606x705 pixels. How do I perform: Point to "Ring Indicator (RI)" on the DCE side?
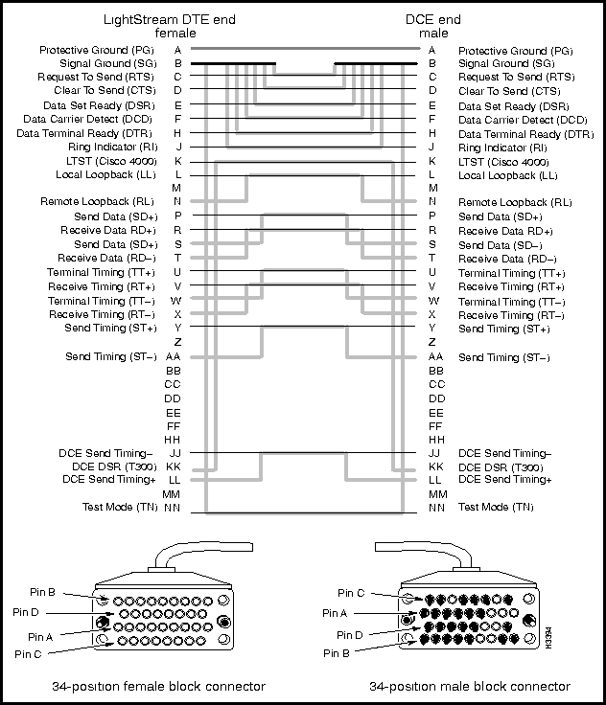(502, 148)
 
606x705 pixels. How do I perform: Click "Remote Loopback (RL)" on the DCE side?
(515, 202)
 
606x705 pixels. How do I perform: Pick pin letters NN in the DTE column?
(173, 507)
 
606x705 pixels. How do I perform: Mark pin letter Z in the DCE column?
(432, 342)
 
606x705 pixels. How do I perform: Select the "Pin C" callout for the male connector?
(352, 592)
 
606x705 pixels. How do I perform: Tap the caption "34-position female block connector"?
(158, 686)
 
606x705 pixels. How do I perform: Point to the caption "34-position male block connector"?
(470, 686)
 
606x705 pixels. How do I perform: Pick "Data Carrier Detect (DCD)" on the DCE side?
(523, 119)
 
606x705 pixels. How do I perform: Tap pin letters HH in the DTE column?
(173, 439)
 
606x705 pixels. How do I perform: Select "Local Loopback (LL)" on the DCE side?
(507, 175)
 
